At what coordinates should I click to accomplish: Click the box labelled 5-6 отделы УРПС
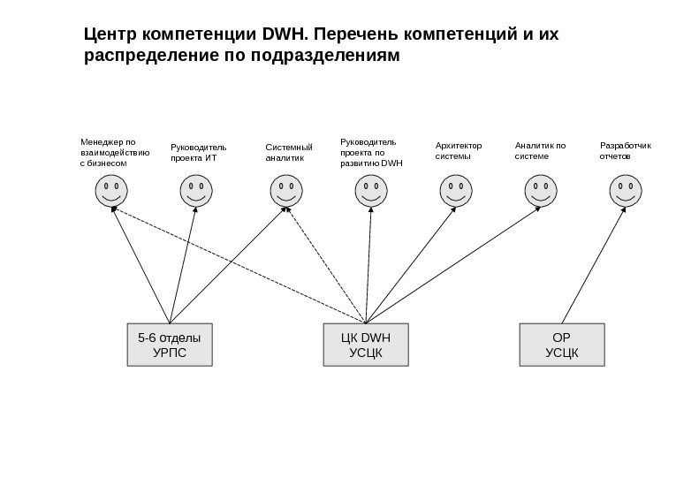click(x=170, y=345)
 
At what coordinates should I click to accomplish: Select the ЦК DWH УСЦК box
click(x=365, y=345)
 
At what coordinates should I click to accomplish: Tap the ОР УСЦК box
click(x=562, y=345)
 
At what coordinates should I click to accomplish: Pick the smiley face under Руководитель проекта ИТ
click(x=195, y=190)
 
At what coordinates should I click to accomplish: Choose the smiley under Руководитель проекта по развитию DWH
click(x=369, y=190)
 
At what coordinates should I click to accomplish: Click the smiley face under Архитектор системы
click(x=454, y=190)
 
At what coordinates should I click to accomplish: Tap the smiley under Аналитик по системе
click(x=540, y=190)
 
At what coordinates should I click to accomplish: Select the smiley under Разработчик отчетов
click(x=625, y=190)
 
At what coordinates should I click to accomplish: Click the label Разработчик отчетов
click(x=625, y=151)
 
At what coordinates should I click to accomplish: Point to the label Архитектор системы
click(x=459, y=151)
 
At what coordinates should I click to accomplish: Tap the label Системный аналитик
click(x=289, y=152)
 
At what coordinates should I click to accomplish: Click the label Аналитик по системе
click(x=539, y=151)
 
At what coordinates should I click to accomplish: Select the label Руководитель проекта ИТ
click(x=199, y=152)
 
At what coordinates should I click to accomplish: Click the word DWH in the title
click(x=283, y=36)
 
